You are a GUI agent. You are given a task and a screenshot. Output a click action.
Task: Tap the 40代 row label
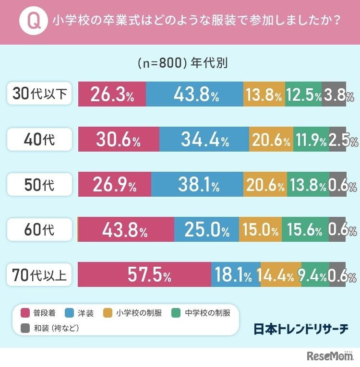pos(40,140)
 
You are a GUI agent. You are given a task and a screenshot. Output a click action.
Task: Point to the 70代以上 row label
pos(40,275)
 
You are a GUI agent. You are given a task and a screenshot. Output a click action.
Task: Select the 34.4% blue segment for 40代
pos(204,140)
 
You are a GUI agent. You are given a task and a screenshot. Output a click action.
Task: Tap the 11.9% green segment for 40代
pos(311,140)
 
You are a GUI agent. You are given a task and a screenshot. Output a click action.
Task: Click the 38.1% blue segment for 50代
pos(197,185)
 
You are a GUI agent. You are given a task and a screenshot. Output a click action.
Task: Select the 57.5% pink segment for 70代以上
pos(144,275)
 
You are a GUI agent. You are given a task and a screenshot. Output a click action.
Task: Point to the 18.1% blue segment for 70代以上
pos(236,275)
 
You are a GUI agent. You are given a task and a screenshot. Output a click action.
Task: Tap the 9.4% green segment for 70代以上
pos(315,275)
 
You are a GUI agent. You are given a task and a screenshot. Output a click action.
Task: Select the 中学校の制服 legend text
pos(207,313)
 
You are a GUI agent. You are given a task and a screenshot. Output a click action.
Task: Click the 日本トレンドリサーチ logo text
pos(301,329)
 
